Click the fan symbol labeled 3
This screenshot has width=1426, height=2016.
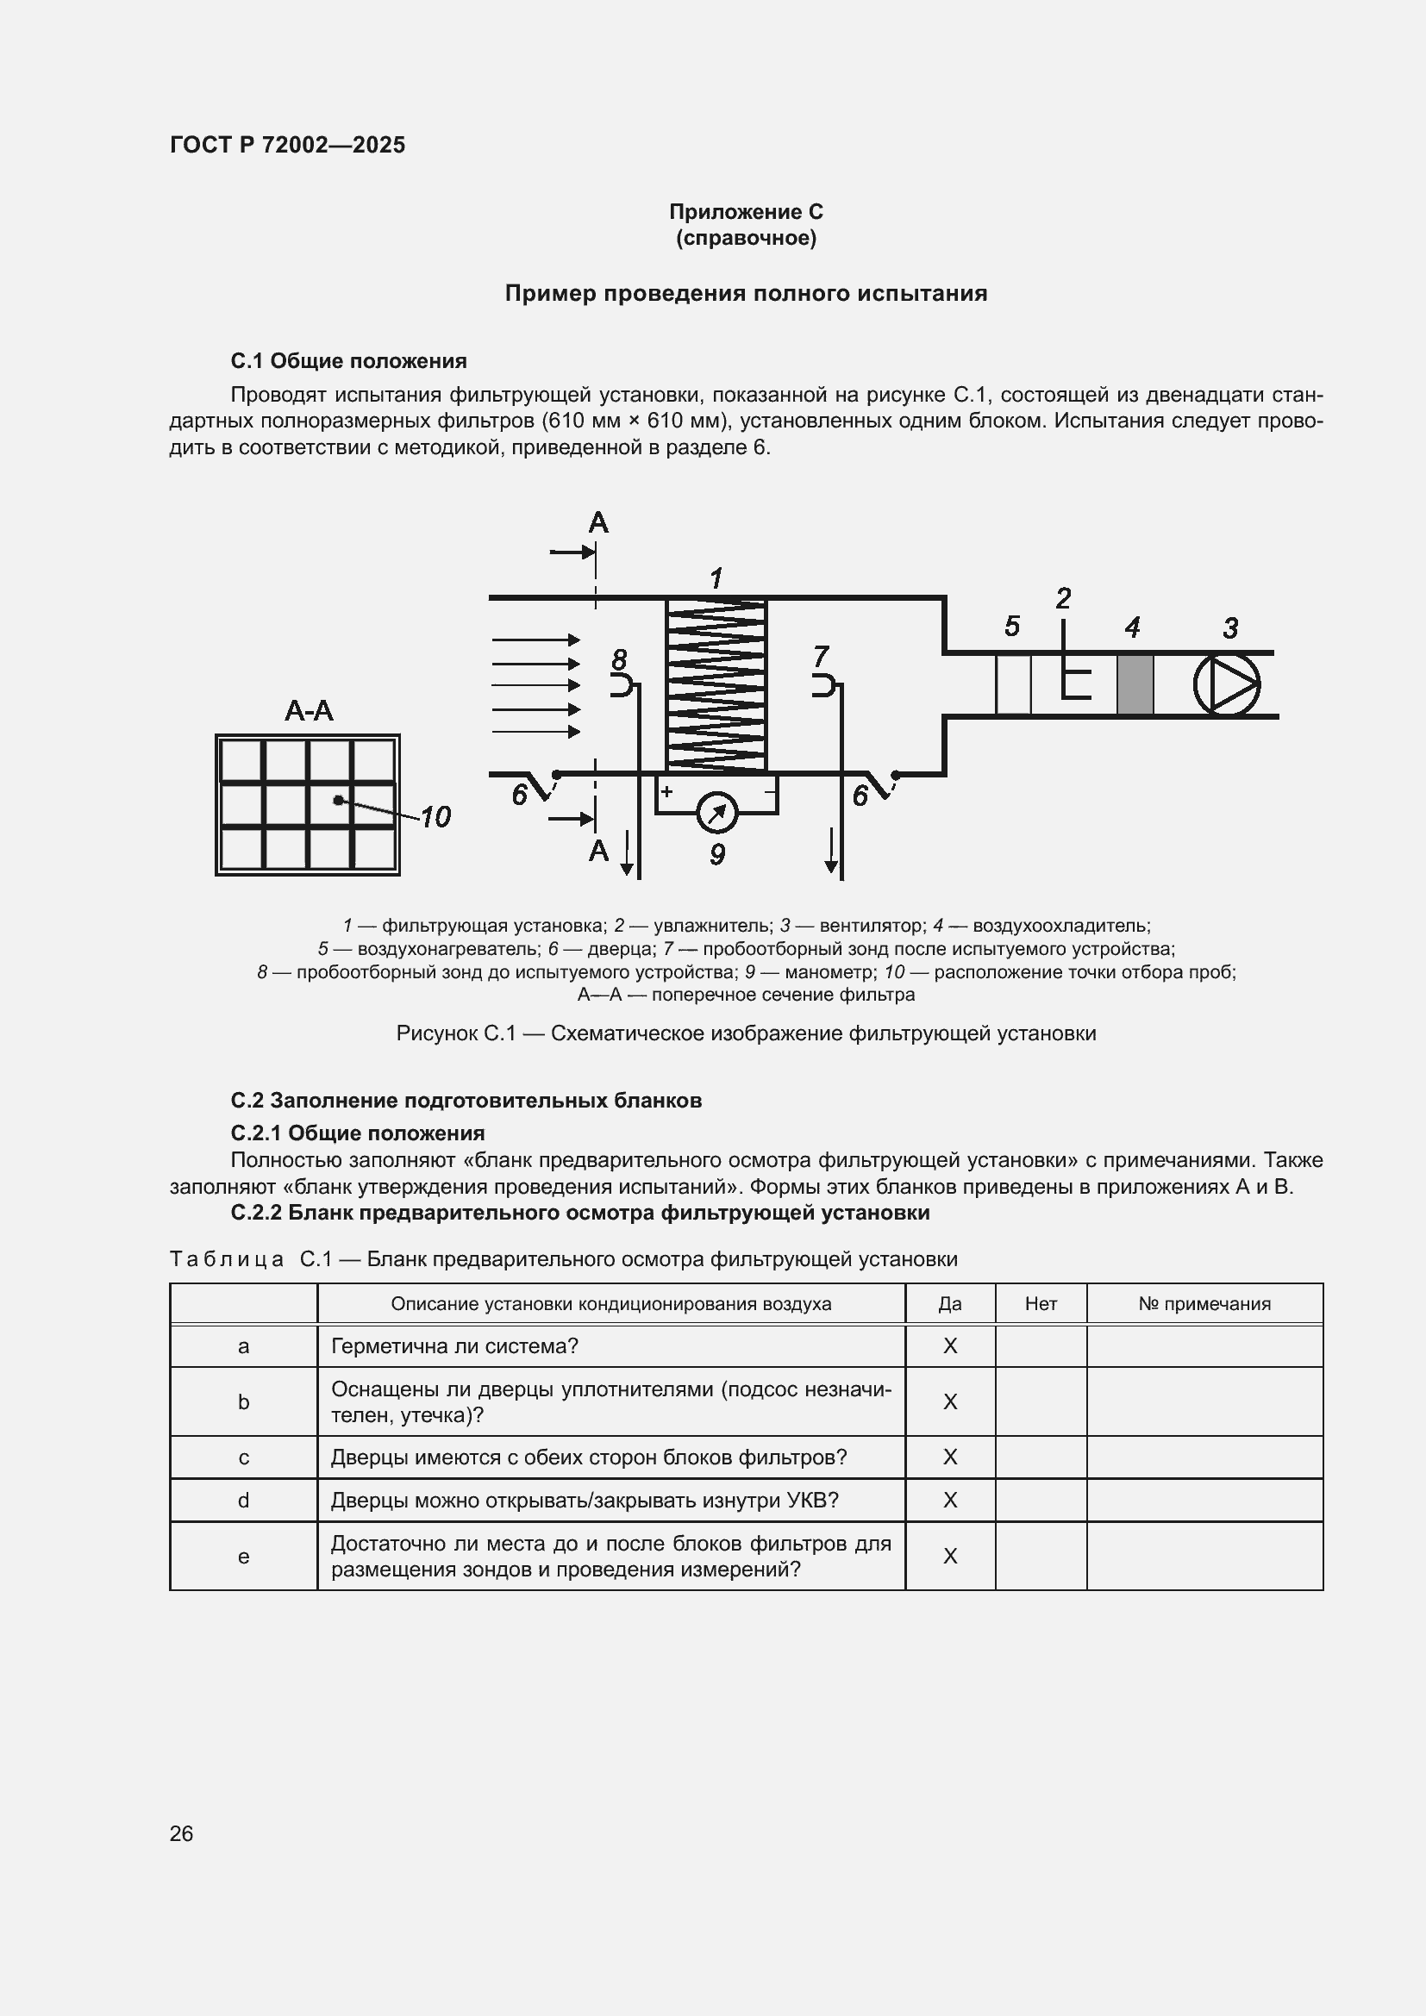pos(1227,684)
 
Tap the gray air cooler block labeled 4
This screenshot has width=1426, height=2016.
pos(1135,684)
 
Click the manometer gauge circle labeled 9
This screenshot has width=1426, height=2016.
pos(716,812)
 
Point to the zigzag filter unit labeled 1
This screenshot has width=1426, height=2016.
pos(716,685)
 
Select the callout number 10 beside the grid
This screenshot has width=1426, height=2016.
pos(435,816)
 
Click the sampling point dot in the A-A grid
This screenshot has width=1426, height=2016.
pos(338,800)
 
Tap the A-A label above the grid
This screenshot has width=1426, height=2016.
pos(310,710)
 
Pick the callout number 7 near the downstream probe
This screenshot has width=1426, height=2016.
pos(821,656)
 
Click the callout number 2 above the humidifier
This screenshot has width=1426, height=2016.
pos(1063,599)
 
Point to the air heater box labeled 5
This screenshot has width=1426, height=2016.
pos(1012,684)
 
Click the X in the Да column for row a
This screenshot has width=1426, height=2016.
pos(950,1346)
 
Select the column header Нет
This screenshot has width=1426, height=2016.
pos(1041,1304)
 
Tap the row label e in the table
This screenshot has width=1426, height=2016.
pos(244,1556)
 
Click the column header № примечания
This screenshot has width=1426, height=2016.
pos(1204,1304)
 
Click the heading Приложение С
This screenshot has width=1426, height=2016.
pos(746,212)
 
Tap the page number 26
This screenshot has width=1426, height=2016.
pos(182,1833)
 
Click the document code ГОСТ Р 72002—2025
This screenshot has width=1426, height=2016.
pos(287,145)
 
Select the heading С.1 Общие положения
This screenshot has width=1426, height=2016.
pos(348,361)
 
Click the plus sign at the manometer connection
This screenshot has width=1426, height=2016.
pos(667,791)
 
